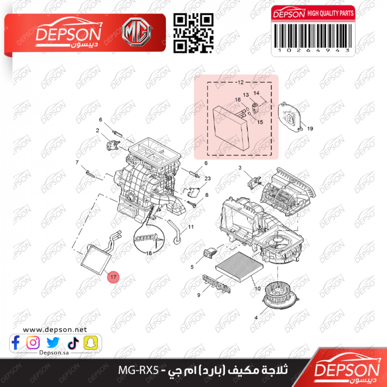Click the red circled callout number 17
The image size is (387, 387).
click(113, 277)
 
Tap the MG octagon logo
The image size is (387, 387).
click(136, 32)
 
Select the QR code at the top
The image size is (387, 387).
click(193, 33)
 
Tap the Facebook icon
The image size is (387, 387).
click(15, 342)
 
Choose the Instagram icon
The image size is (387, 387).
click(33, 342)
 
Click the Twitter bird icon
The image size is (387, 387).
click(53, 342)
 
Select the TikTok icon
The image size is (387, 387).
click(73, 343)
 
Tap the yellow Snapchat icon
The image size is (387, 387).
click(91, 342)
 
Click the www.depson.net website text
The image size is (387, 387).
click(55, 329)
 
